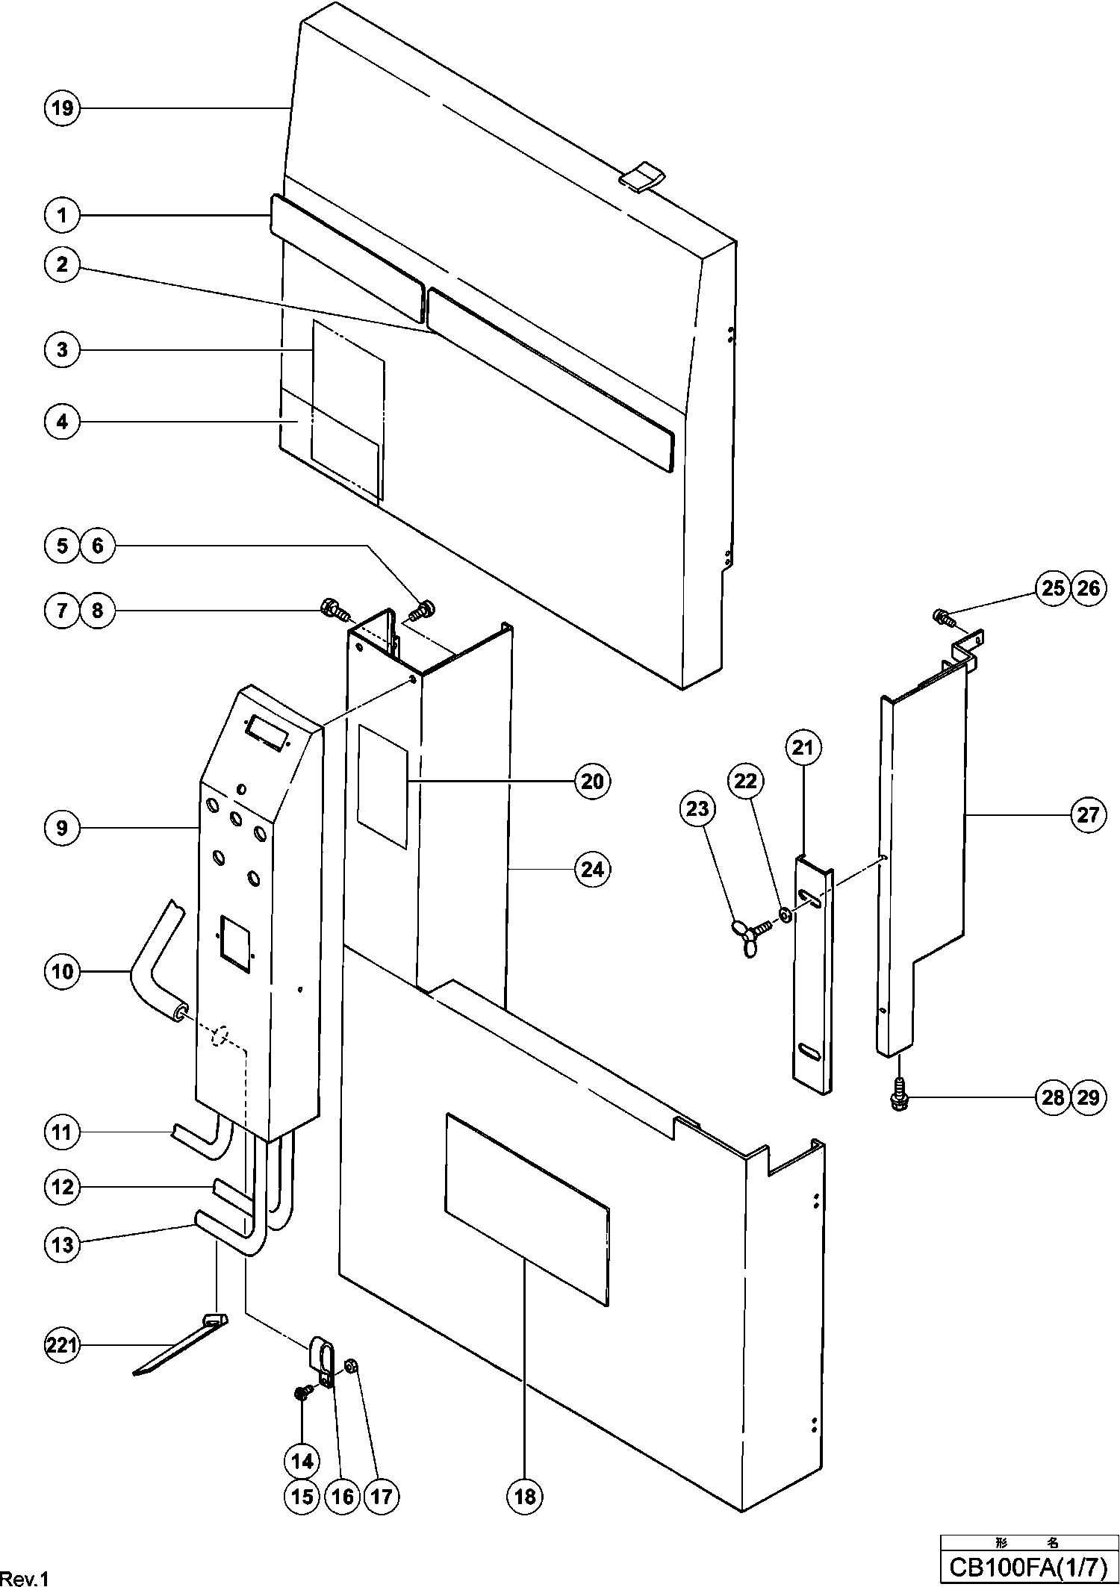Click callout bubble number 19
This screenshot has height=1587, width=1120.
pos(62,109)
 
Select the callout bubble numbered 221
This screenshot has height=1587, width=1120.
pos(62,1346)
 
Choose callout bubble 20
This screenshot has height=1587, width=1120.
pos(592,781)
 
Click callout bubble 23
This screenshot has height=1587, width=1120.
pos(697,808)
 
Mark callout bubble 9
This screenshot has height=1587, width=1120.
pos(62,828)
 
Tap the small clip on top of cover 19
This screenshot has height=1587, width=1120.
pos(642,178)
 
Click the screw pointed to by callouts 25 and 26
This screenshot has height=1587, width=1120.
pos(942,617)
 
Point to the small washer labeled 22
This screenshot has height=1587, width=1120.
pos(785,914)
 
